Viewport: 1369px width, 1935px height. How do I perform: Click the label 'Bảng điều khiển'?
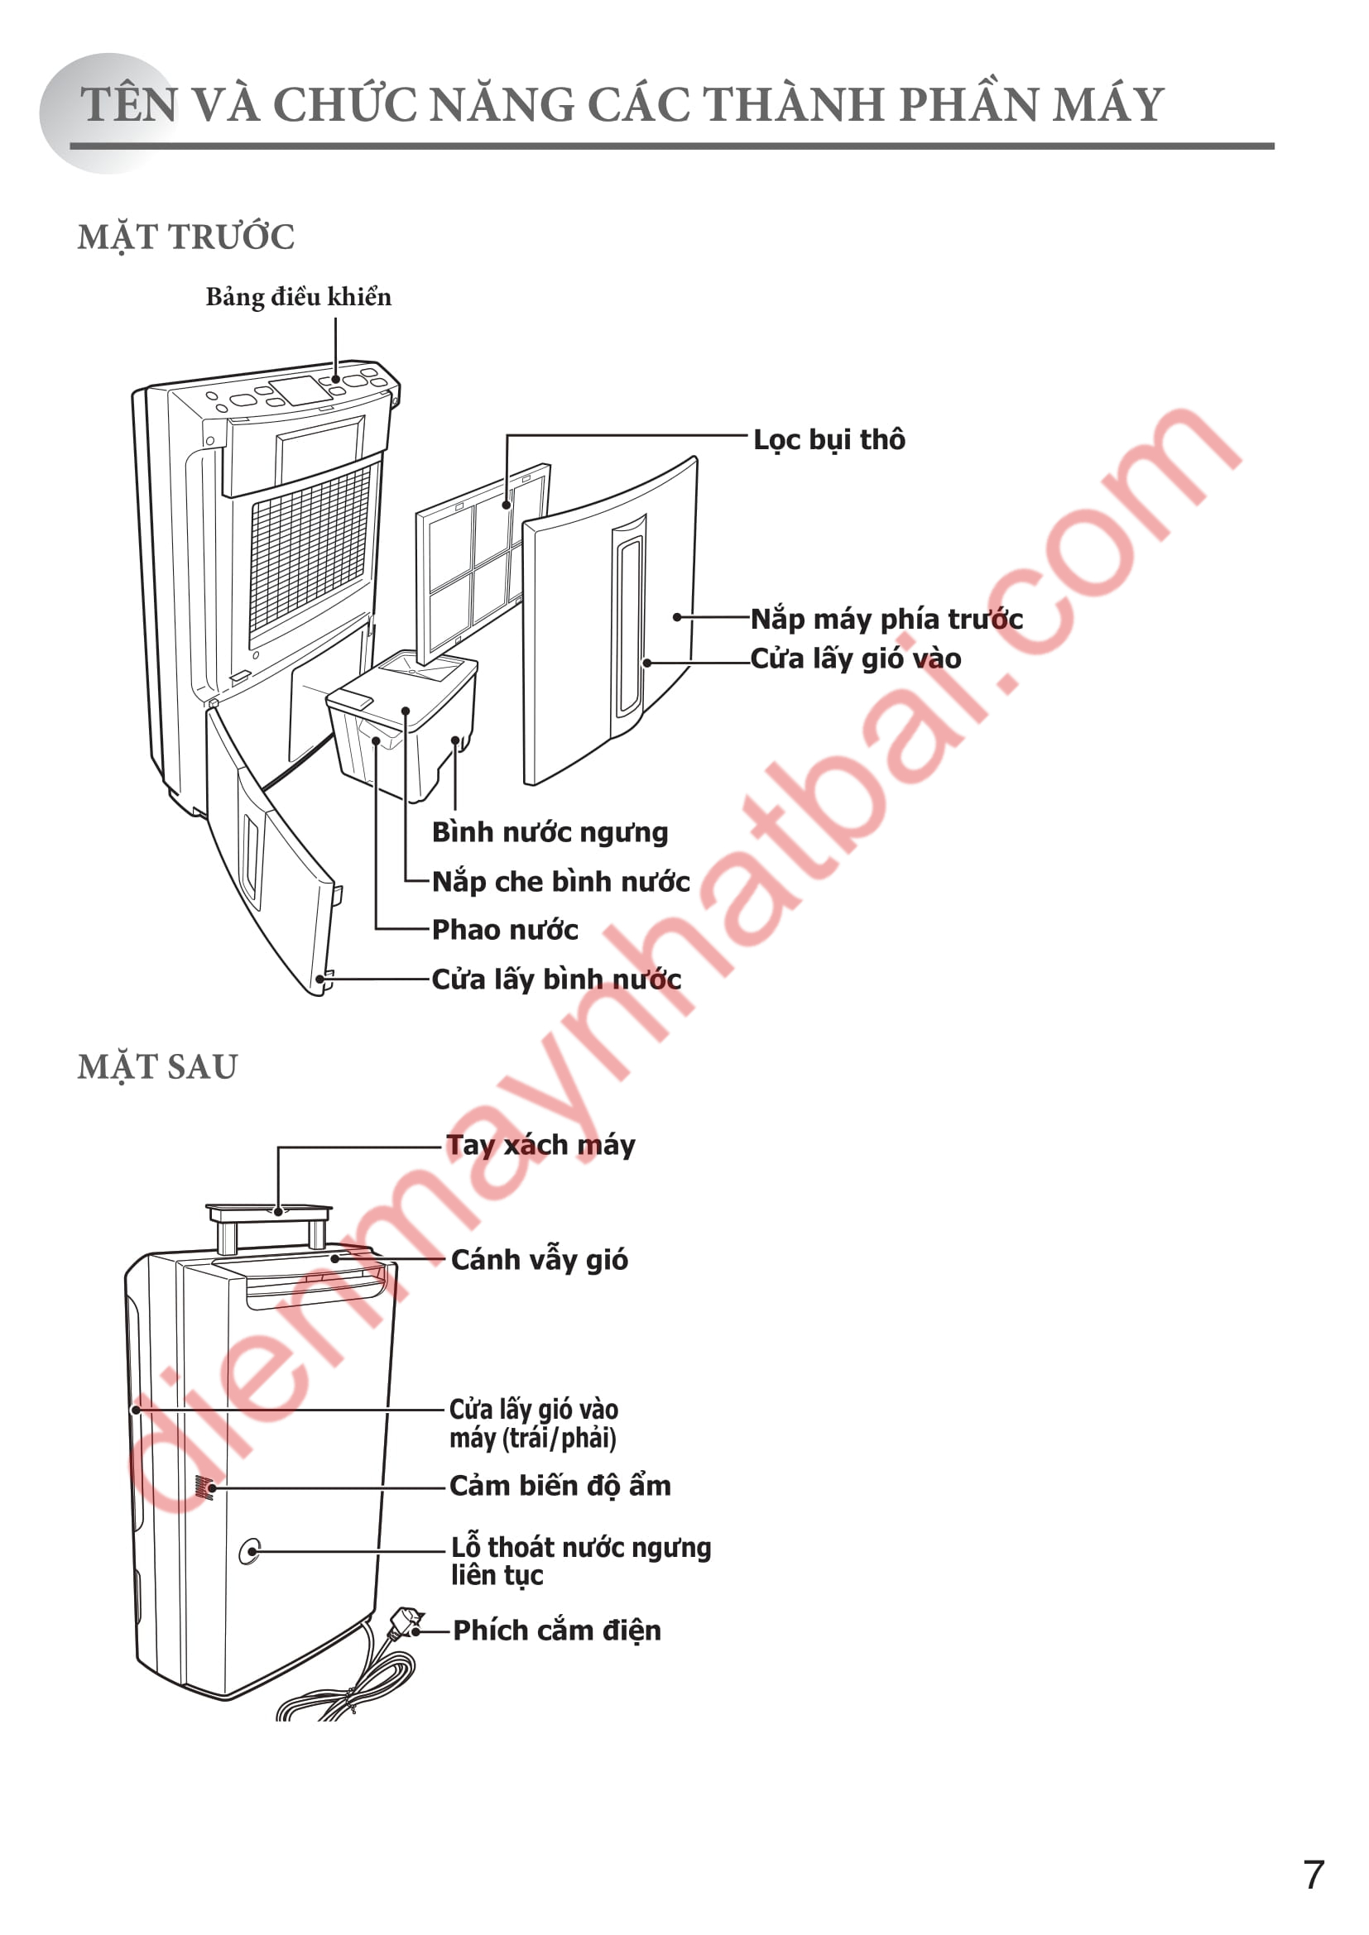tap(299, 297)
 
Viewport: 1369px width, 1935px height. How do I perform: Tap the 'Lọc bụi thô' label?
tap(829, 440)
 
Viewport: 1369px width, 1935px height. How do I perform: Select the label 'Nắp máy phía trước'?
tap(886, 619)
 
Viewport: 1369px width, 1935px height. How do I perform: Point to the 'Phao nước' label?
tap(505, 930)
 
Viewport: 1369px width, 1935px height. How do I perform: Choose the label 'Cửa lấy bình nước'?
tap(556, 979)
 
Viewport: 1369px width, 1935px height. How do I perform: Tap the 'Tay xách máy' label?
tap(540, 1145)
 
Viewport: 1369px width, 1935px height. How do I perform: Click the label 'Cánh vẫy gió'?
tap(540, 1259)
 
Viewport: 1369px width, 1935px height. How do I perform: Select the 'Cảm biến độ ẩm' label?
tap(560, 1485)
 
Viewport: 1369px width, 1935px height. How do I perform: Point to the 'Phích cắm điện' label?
tap(556, 1630)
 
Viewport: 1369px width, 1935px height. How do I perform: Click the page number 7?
tap(1314, 1875)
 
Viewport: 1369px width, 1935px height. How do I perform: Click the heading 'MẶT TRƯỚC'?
tap(186, 237)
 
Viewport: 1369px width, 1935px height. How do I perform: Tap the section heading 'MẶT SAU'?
tap(157, 1067)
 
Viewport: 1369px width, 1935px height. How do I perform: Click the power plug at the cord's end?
tap(408, 1622)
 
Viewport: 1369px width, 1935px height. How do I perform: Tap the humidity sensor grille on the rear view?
tap(203, 1487)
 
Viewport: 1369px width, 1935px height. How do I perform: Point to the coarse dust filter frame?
tap(483, 560)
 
